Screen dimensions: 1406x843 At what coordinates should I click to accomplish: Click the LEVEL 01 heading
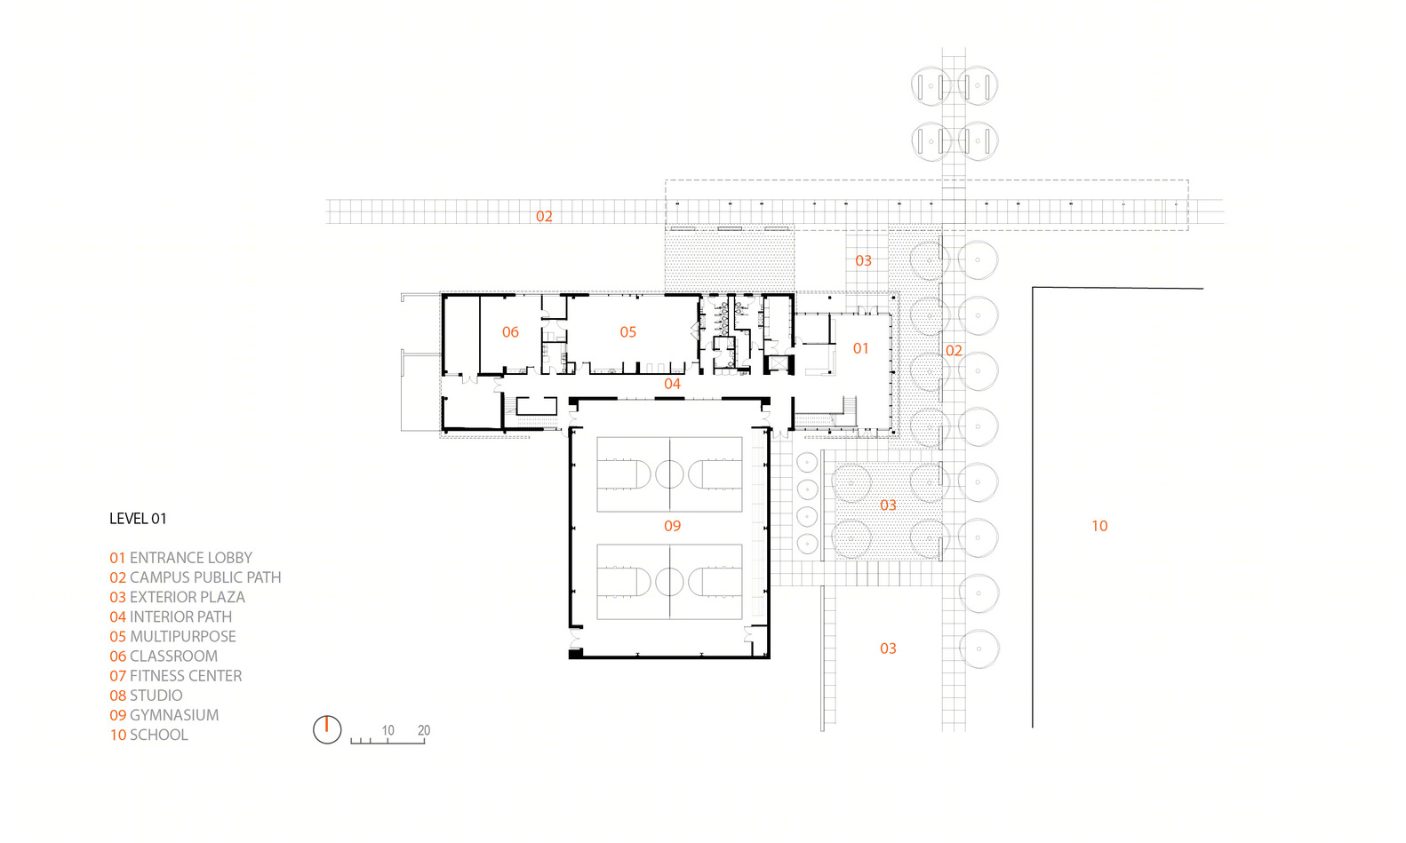pyautogui.click(x=138, y=519)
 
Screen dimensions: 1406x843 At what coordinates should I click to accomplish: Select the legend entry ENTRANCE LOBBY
pyautogui.click(x=180, y=558)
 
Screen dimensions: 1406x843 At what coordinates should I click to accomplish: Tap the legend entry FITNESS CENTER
pyautogui.click(x=176, y=675)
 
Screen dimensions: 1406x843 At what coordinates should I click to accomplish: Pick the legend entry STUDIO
pyautogui.click(x=147, y=695)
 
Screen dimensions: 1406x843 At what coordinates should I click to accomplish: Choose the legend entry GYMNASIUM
pyautogui.click(x=164, y=715)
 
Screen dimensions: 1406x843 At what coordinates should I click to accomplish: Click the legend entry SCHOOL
pyautogui.click(x=148, y=735)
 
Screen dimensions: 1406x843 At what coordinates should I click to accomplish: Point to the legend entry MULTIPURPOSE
pyautogui.click(x=172, y=636)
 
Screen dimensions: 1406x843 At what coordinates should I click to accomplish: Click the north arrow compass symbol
pyautogui.click(x=327, y=729)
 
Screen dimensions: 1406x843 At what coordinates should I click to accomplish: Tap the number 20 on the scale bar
pyautogui.click(x=424, y=730)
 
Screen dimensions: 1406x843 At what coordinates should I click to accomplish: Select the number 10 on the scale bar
pyautogui.click(x=387, y=730)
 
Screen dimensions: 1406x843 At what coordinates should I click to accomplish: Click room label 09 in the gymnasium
pyautogui.click(x=672, y=526)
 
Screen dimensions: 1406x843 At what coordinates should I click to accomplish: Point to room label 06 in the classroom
pyautogui.click(x=510, y=332)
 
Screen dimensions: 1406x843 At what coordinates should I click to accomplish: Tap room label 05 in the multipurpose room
pyautogui.click(x=627, y=332)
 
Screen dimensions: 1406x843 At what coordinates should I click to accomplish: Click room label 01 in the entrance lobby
pyautogui.click(x=860, y=348)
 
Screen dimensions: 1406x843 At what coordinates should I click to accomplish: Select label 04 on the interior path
pyautogui.click(x=672, y=383)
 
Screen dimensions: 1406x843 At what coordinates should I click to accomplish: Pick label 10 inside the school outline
pyautogui.click(x=1099, y=526)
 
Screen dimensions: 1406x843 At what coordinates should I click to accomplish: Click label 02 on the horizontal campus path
pyautogui.click(x=544, y=217)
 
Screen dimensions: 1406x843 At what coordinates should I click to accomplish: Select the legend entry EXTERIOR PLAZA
pyautogui.click(x=177, y=597)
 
